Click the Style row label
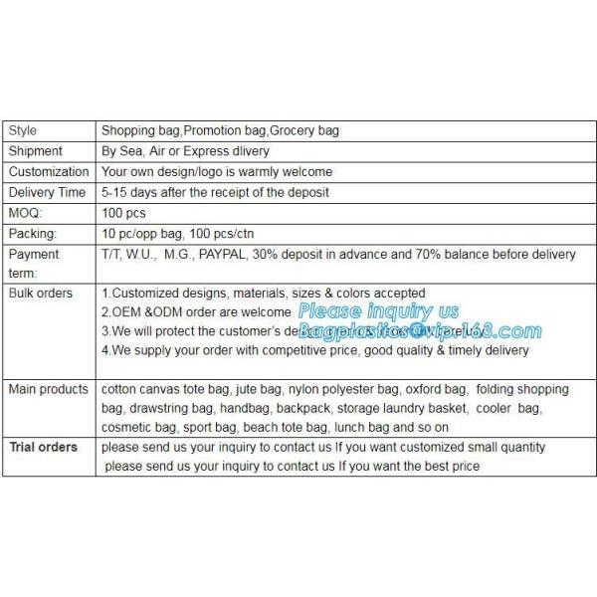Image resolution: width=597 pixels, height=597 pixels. pyautogui.click(x=23, y=130)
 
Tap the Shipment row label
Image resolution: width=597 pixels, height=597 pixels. pyautogui.click(x=36, y=151)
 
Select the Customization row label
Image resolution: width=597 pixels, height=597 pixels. pyautogui.click(x=49, y=172)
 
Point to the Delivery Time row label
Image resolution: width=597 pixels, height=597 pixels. pyautogui.click(x=47, y=192)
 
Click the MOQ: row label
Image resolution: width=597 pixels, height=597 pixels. pyautogui.click(x=25, y=213)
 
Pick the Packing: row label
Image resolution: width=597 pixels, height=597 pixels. pyautogui.click(x=33, y=234)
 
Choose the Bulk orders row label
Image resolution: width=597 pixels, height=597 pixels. pyautogui.click(x=41, y=294)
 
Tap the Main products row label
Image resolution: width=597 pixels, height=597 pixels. pyautogui.click(x=49, y=389)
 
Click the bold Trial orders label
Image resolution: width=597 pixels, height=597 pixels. pyautogui.click(x=44, y=448)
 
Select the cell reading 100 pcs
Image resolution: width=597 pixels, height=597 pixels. pyautogui.click(x=124, y=213)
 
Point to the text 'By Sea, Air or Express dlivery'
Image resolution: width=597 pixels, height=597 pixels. pyautogui.click(x=185, y=151)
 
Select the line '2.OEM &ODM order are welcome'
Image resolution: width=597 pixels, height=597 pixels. pyautogui.click(x=197, y=312)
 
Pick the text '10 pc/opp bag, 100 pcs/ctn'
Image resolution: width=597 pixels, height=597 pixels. pyautogui.click(x=178, y=234)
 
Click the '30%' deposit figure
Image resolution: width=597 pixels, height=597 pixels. pyautogui.click(x=301, y=255)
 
